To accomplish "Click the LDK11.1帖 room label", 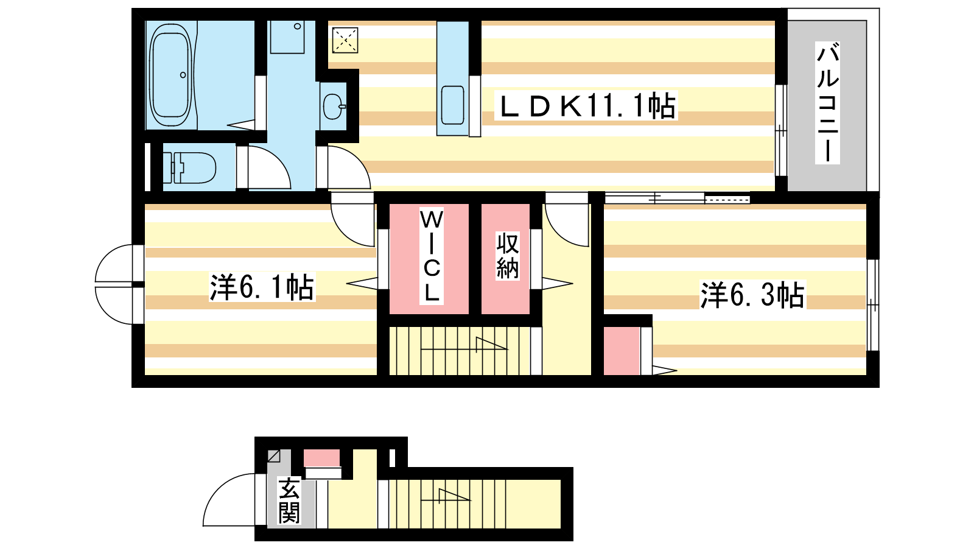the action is coord(587,106).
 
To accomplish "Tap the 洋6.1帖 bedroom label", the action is coord(262,287).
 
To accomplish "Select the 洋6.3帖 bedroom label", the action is coord(752,295).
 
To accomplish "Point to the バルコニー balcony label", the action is coord(827,103).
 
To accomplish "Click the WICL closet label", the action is coord(432,256).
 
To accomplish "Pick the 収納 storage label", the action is coord(508,256).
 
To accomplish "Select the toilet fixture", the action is coord(189,168).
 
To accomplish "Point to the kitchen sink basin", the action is coord(453,105).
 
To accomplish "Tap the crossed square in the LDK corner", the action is coord(345,40).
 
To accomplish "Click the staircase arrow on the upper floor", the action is coord(464,345).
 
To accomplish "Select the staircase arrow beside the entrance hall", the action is coord(446,496).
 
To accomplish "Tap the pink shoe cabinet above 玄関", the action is coord(322,458).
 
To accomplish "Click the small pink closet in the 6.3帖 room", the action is coord(622,351).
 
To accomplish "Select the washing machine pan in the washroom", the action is coord(287,37).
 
